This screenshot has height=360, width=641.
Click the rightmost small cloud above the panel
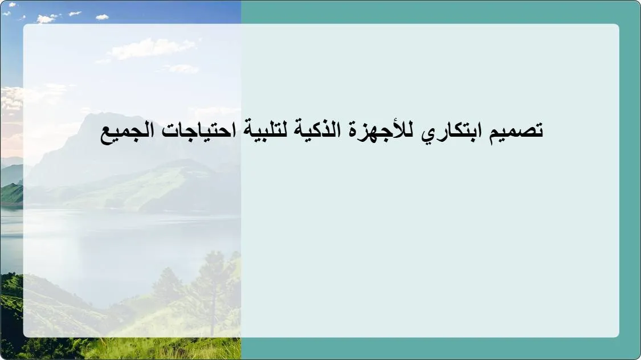tap(102, 17)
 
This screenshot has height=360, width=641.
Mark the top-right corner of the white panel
tap(618, 25)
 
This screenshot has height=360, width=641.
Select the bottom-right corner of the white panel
tap(618, 336)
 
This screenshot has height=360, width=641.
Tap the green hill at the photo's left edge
tap(10, 194)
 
